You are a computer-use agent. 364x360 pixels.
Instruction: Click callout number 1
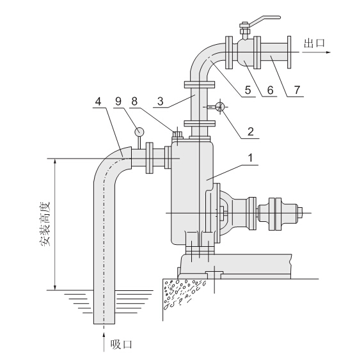point(250,158)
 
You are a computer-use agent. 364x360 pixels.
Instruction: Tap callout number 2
point(251,132)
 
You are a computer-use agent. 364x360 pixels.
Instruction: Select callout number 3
point(161,102)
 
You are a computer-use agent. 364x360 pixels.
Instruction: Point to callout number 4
point(99,102)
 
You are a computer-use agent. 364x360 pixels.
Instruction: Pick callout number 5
point(248,90)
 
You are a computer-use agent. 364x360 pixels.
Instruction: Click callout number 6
point(270,90)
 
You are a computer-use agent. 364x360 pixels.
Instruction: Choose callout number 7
point(297,90)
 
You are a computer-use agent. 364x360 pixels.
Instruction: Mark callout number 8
point(134,102)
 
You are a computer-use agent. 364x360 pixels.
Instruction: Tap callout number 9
point(118,102)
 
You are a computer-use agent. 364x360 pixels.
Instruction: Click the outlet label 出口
point(314,43)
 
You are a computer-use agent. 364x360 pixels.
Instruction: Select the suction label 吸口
point(121,344)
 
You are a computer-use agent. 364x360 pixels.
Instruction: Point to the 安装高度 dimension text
point(44,224)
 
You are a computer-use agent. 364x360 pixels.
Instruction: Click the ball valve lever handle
point(265,20)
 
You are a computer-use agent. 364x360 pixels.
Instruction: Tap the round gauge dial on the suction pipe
point(139,132)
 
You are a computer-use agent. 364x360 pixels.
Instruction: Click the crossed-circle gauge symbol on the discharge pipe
point(219,107)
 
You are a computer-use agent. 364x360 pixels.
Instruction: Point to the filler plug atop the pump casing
point(178,135)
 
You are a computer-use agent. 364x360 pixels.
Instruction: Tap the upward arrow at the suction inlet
point(104,341)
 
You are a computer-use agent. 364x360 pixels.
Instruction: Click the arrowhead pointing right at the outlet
point(328,52)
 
